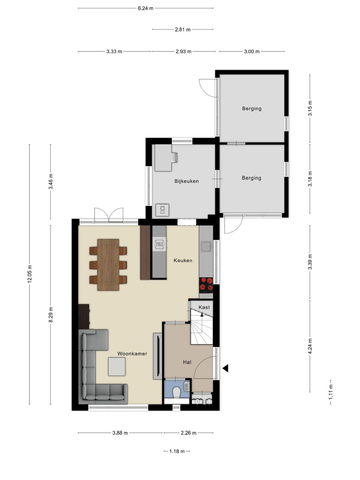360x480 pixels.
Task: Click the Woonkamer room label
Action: click(132, 354)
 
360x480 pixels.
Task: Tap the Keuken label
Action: click(183, 260)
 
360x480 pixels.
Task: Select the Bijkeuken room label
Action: click(186, 181)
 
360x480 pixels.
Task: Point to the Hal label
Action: click(187, 362)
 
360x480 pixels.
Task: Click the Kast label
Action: click(204, 307)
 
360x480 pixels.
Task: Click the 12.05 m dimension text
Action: click(30, 274)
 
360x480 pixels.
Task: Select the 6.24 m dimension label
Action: click(145, 8)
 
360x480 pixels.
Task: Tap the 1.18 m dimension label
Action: click(177, 451)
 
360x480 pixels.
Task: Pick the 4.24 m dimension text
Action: click(310, 346)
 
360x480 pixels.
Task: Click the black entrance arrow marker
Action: click(226, 368)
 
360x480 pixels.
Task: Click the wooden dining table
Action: click(108, 265)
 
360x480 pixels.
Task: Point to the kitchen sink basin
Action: click(206, 247)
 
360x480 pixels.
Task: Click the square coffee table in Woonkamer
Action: click(117, 367)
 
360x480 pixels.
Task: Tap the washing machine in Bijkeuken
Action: click(162, 210)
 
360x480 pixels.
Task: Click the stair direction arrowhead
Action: click(202, 315)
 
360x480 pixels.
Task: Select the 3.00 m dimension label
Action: click(252, 52)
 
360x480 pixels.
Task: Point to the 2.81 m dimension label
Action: click(182, 29)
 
